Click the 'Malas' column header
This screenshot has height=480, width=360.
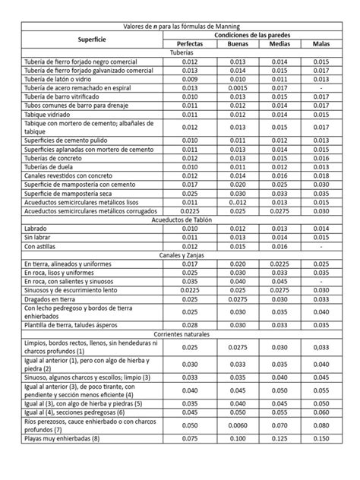coord(322,44)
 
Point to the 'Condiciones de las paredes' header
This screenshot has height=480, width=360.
coord(255,35)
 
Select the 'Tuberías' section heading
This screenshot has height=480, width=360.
coord(180,53)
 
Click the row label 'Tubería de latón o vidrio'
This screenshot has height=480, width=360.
coord(58,80)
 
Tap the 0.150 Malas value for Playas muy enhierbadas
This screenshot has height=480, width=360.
coord(321,459)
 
